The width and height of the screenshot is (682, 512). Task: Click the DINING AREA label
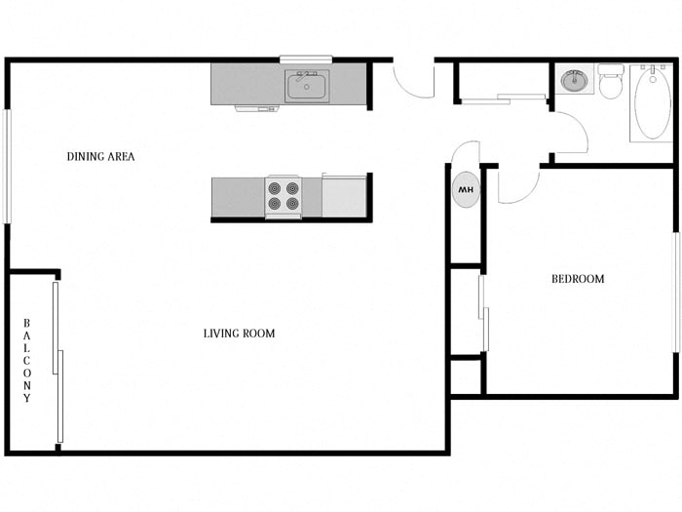tap(100, 156)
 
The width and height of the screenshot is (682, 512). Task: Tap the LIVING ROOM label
tap(239, 334)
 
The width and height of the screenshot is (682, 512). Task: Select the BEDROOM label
tap(578, 279)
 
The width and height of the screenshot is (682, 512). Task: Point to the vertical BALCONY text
tap(27, 361)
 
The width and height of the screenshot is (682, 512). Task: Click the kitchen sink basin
tap(307, 86)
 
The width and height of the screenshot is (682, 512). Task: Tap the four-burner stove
tap(283, 196)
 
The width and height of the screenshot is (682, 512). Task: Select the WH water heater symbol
tap(466, 189)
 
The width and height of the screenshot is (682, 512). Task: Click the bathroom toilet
tap(611, 82)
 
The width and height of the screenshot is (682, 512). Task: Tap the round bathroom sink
tap(574, 80)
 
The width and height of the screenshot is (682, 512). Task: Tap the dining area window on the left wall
tap(7, 166)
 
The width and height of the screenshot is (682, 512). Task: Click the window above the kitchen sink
tap(306, 59)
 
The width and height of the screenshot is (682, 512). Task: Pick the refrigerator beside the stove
tap(344, 196)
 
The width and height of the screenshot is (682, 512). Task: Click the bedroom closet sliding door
tap(483, 312)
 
